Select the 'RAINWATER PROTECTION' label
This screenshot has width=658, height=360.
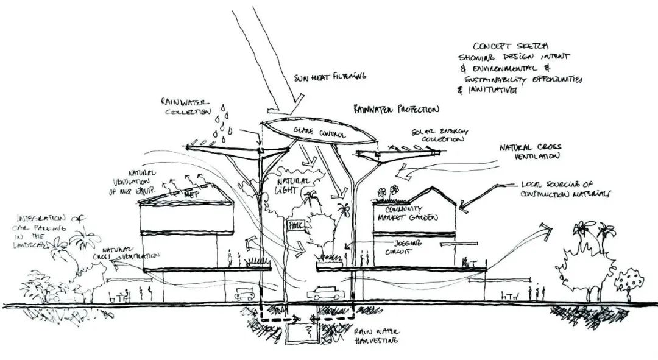395,110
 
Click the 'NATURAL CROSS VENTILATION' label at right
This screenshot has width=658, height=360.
528,152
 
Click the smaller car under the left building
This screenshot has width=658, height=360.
244,294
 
